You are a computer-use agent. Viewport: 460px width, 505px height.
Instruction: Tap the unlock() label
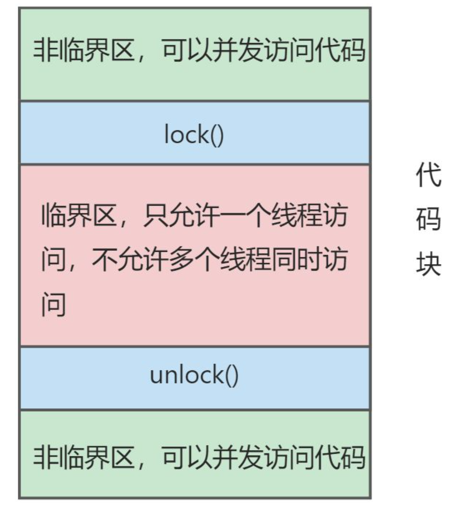point(194,376)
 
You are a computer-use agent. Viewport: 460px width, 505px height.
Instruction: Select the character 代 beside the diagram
point(428,177)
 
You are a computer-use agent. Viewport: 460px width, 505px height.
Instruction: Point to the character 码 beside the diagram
point(428,221)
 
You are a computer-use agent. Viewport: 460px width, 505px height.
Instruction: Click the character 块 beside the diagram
point(428,265)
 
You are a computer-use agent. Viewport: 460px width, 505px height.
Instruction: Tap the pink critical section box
point(195,330)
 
